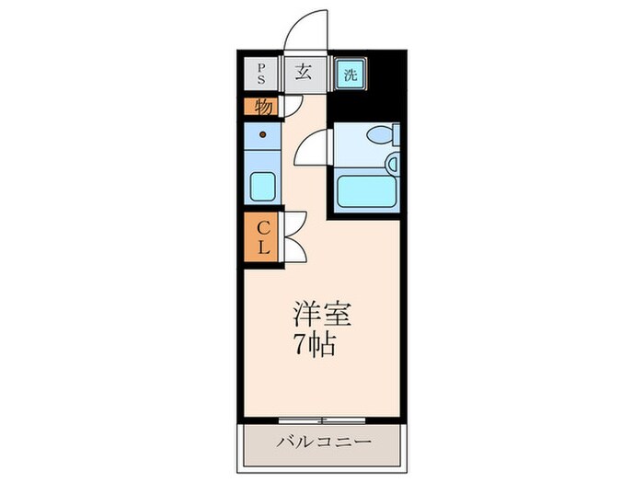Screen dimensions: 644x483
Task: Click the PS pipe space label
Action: (x=260, y=73)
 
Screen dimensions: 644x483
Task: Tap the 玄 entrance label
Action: (x=303, y=73)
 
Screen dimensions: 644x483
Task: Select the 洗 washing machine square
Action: (x=351, y=74)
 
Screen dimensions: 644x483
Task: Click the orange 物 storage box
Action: (x=261, y=107)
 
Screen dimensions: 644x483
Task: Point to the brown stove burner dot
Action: (x=263, y=134)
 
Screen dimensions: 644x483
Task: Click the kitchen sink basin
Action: (x=263, y=187)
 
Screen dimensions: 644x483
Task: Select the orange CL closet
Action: (x=261, y=236)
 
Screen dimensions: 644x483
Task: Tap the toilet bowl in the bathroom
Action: (x=381, y=134)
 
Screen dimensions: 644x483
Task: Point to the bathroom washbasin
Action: (x=392, y=164)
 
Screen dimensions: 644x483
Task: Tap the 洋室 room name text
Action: (x=322, y=315)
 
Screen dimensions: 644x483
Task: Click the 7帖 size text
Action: (x=315, y=343)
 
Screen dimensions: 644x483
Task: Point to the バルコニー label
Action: (x=323, y=443)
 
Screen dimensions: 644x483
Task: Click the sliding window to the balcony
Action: (x=322, y=420)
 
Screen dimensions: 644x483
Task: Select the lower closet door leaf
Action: (x=296, y=249)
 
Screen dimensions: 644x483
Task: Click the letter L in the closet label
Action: (x=263, y=247)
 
